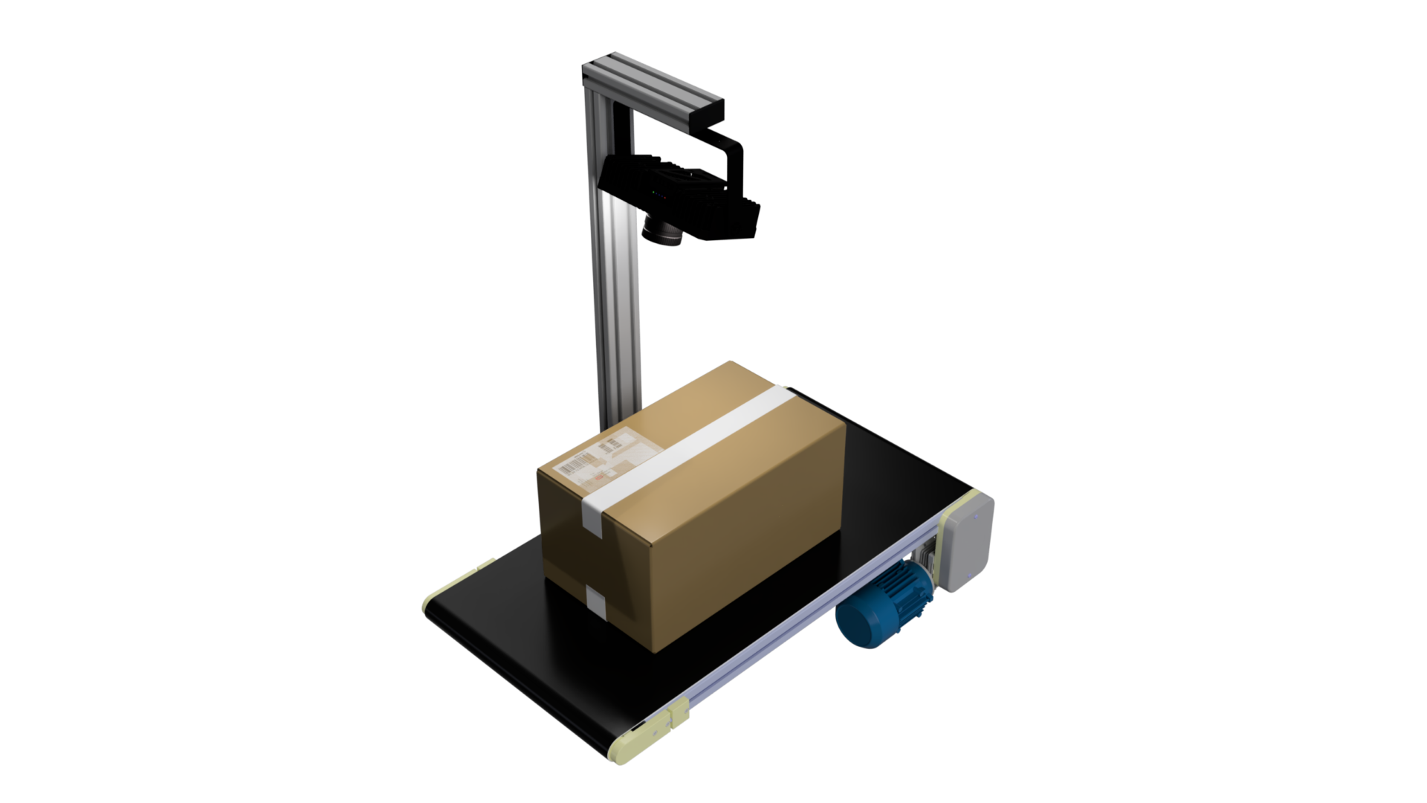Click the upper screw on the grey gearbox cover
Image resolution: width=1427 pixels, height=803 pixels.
pyautogui.click(x=976, y=517)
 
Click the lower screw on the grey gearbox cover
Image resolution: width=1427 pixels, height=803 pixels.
pyautogui.click(x=969, y=575)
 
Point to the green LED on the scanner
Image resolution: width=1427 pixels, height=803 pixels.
pyautogui.click(x=653, y=192)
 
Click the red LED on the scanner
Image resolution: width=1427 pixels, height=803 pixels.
pyautogui.click(x=665, y=198)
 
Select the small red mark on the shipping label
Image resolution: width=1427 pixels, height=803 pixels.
pyautogui.click(x=599, y=477)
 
